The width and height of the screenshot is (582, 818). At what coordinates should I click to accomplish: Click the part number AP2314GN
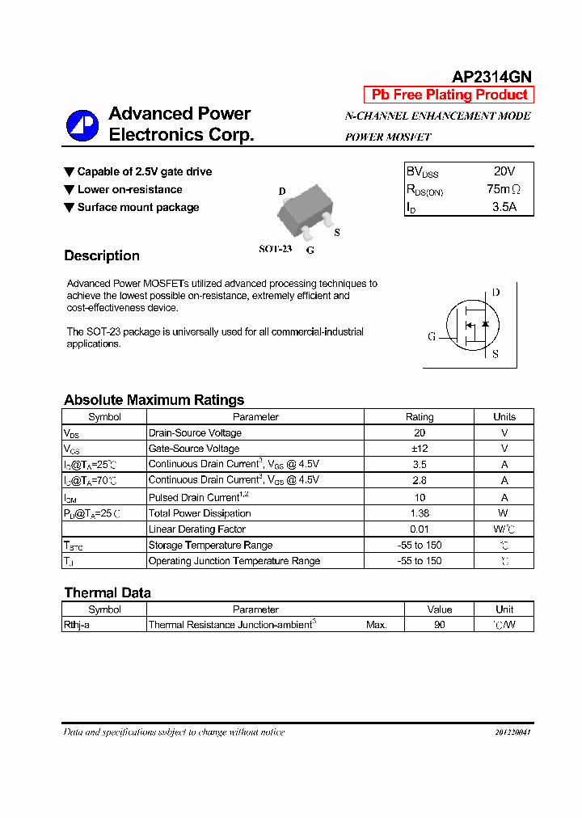(x=491, y=77)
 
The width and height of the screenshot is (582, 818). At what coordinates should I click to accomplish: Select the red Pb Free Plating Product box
(x=449, y=95)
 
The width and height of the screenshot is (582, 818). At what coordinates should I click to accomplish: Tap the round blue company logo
(x=82, y=125)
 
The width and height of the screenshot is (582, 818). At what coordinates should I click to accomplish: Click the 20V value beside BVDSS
(x=504, y=171)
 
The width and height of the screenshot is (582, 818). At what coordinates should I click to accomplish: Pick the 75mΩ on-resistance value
(x=504, y=189)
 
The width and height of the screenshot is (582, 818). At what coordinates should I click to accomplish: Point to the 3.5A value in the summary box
(x=504, y=207)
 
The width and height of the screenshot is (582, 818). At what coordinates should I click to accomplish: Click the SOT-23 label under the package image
(x=275, y=249)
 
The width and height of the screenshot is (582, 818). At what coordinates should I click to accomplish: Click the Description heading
(x=102, y=255)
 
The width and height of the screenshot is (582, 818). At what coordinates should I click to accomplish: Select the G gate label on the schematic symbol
(x=432, y=336)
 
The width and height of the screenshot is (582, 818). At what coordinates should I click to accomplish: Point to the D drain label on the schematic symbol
(x=496, y=293)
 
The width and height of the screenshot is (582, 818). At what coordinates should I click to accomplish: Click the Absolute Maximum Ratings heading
(x=154, y=400)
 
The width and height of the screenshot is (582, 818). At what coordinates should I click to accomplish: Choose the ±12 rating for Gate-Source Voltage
(x=419, y=449)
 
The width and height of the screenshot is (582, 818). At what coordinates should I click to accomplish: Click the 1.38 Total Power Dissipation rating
(x=419, y=513)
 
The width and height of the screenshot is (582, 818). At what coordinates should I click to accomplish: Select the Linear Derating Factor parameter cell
(x=197, y=529)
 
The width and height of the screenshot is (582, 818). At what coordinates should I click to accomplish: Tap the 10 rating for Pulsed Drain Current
(x=419, y=497)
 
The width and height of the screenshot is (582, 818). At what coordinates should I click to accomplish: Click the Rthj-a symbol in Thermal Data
(x=77, y=625)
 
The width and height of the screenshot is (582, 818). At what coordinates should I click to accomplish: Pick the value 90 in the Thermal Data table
(x=439, y=625)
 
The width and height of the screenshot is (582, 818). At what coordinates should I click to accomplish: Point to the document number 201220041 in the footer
(x=512, y=732)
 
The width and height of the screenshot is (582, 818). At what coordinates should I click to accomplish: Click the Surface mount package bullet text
(x=138, y=208)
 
